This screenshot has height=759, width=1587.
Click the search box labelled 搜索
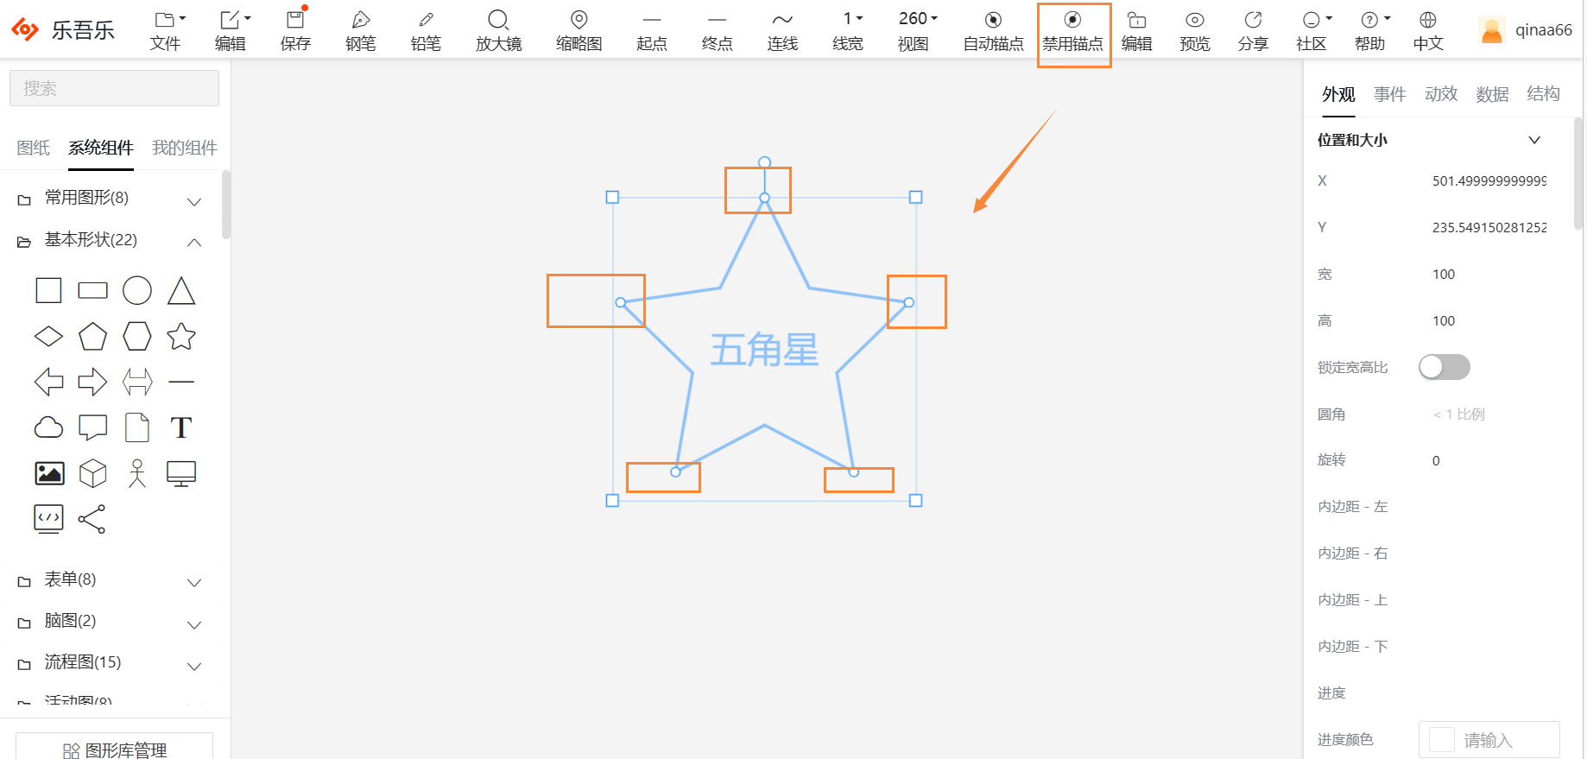click(114, 88)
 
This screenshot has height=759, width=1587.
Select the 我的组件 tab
click(184, 148)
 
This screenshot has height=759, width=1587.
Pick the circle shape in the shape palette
click(136, 291)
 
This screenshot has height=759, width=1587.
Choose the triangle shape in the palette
click(181, 291)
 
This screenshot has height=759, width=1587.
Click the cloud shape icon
click(48, 427)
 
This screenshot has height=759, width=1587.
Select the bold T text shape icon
click(181, 427)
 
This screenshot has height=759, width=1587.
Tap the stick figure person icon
click(136, 473)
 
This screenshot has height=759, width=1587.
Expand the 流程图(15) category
click(83, 662)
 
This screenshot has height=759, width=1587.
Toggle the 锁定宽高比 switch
click(1444, 367)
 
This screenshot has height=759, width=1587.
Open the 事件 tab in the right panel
click(1389, 94)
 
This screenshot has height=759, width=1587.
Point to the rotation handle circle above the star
click(764, 162)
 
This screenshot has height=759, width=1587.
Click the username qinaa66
click(1543, 30)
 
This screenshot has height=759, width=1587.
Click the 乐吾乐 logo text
click(83, 30)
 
